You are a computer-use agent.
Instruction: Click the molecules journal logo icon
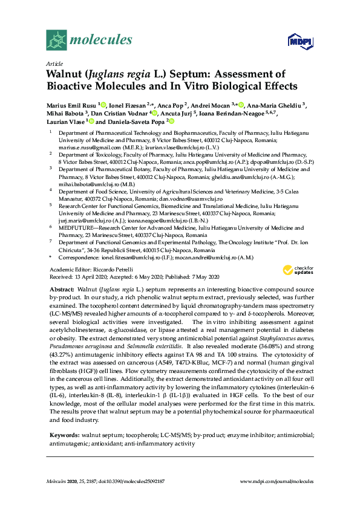57,41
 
